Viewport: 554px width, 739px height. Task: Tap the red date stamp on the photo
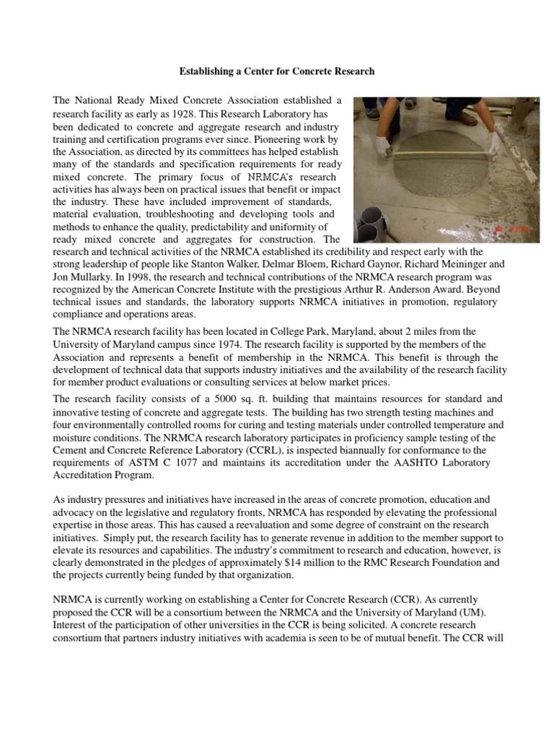click(516, 229)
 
